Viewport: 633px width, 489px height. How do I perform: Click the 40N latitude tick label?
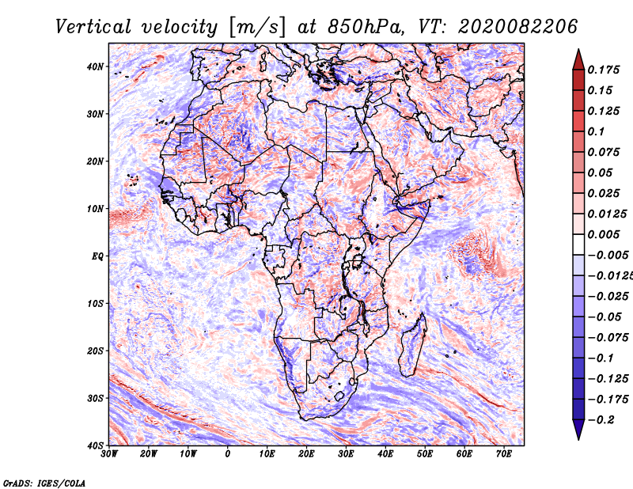95,66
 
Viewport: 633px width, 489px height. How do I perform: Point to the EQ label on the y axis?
98,256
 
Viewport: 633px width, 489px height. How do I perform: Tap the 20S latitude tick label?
95,351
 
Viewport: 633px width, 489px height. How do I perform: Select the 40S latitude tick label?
95,445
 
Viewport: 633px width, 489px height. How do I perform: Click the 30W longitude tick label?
109,454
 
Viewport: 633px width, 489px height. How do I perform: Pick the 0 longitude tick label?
228,454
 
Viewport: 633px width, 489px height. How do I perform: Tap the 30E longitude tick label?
346,454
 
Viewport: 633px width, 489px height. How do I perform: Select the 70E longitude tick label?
504,454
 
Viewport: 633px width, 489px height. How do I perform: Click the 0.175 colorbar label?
604,70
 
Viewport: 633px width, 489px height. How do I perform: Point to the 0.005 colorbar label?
604,234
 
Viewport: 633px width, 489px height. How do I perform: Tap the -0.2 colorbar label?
601,420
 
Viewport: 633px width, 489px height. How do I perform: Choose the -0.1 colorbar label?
601,358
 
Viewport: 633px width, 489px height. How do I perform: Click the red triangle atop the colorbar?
578,60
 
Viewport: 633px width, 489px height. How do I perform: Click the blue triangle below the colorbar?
578,430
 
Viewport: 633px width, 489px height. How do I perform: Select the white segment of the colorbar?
578,244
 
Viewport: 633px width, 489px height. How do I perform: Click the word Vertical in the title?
93,27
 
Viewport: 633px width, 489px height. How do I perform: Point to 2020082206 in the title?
517,27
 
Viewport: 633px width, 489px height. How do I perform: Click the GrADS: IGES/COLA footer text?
44,483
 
